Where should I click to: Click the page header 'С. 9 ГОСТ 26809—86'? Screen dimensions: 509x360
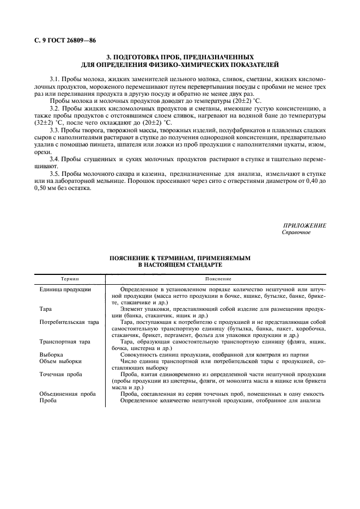click(x=65, y=41)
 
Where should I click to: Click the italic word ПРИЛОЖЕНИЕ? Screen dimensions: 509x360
click(x=304, y=225)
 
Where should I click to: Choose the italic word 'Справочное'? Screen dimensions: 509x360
click(x=296, y=232)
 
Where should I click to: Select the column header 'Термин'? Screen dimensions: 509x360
click(x=69, y=278)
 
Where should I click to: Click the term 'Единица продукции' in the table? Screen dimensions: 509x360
click(x=65, y=289)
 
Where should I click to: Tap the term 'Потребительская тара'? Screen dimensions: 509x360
click(x=69, y=322)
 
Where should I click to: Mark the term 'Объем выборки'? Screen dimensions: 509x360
click(x=61, y=361)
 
